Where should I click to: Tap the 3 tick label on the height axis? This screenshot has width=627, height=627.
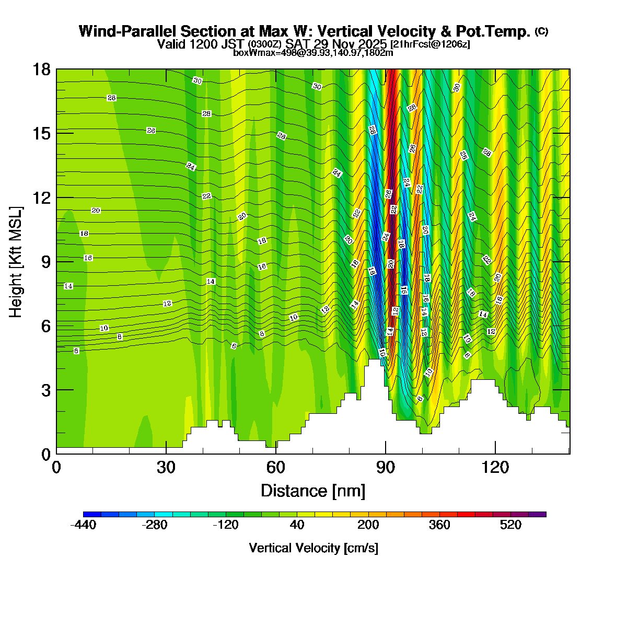46,390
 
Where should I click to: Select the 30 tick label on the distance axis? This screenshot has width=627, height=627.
166,467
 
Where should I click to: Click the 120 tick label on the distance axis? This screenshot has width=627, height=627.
495,467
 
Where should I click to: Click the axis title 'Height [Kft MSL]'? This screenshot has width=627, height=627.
16,262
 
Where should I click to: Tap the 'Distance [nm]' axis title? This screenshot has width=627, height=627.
312,491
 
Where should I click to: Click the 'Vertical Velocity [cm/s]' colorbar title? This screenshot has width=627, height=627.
313,548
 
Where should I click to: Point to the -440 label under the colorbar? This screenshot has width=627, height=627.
83,525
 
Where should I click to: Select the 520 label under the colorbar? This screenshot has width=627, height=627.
510,525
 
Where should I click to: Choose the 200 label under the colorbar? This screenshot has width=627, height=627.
368,525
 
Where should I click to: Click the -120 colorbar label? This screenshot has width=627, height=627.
226,525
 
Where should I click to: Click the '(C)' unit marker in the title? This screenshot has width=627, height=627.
541,31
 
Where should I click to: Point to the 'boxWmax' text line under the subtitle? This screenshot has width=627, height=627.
313,52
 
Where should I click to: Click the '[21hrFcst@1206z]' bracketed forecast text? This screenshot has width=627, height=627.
430,44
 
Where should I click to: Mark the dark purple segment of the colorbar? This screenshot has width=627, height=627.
537,514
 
